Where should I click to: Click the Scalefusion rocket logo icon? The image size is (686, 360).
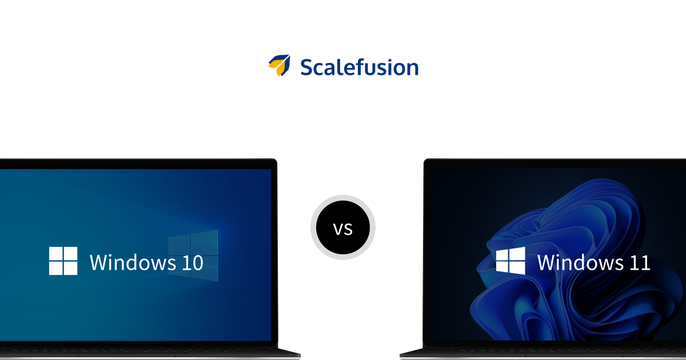(279, 66)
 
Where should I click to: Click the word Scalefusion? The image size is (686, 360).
(359, 67)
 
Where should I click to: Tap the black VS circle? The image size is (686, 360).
(343, 227)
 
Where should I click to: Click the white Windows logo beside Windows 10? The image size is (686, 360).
(63, 261)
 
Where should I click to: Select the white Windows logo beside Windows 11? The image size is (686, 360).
(510, 261)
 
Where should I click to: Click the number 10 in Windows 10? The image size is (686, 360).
(192, 263)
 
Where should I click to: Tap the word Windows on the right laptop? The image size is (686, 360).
(580, 263)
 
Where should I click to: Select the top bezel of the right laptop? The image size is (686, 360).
(555, 163)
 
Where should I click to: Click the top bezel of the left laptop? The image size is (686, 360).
(137, 163)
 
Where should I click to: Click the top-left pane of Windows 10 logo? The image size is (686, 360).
(55, 254)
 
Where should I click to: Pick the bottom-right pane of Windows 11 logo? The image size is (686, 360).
(518, 269)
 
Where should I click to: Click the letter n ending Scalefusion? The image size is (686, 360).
(412, 69)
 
